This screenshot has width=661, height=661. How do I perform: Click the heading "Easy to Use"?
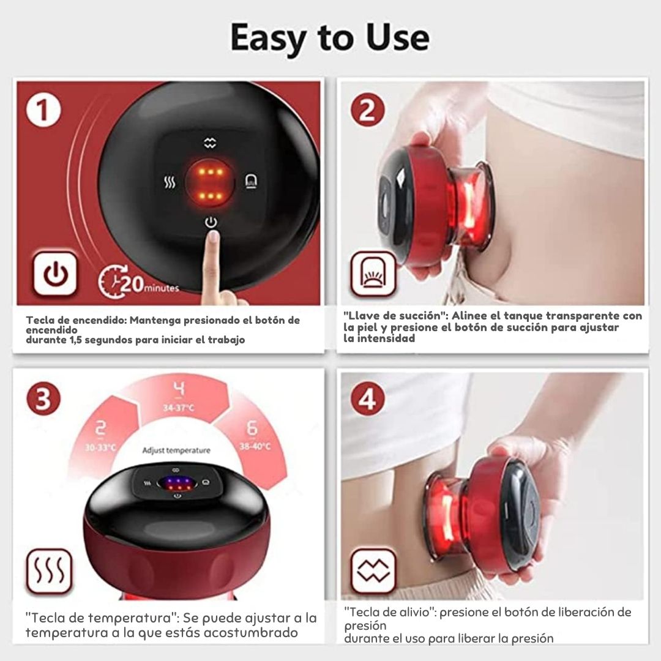tap(330, 38)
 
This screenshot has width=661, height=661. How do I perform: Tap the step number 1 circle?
tap(43, 110)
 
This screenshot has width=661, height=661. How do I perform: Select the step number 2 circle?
tap(368, 110)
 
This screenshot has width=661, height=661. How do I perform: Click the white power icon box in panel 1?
tap(55, 274)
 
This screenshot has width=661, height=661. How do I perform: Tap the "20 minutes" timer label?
tap(139, 282)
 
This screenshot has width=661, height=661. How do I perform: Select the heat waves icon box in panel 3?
tap(50, 572)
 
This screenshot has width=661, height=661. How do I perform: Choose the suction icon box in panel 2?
tap(373, 274)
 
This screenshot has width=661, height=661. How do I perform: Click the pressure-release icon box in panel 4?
tap(373, 571)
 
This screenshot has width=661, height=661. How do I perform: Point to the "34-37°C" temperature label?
tap(179, 408)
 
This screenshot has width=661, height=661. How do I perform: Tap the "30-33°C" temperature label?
tap(100, 447)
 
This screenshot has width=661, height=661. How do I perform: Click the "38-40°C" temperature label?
tap(255, 446)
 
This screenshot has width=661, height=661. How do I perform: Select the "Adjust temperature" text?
tap(176, 450)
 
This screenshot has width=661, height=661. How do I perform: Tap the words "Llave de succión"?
tap(396, 316)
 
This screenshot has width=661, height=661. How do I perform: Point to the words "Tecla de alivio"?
tap(389, 611)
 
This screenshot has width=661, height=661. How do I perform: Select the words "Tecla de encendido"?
tap(77, 320)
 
